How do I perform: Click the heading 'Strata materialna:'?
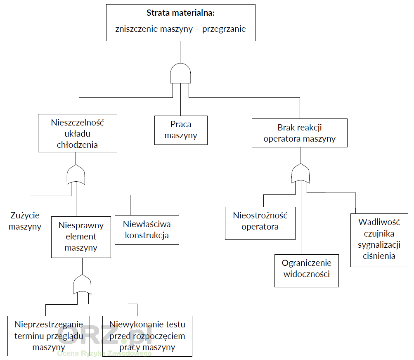tap(180, 13)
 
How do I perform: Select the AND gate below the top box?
tap(181, 75)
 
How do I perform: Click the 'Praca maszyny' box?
tap(181, 130)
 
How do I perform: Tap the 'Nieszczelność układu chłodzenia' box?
tap(77, 133)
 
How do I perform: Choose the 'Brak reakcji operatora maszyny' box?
tap(300, 133)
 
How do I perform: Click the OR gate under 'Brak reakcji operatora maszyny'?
tap(300, 173)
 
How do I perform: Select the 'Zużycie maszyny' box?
tap(25, 222)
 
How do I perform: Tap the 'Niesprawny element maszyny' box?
tap(81, 237)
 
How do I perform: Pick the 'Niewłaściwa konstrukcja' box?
tap(147, 230)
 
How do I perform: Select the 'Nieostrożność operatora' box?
tap(260, 223)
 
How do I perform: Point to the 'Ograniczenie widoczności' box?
tap(307, 271)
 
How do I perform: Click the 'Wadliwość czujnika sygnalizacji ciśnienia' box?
tap(379, 240)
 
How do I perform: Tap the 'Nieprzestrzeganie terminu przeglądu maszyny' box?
tap(49, 336)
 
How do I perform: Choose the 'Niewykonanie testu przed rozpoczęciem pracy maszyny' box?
tap(147, 336)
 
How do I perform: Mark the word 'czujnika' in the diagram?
tap(379, 234)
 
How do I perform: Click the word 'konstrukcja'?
tap(147, 236)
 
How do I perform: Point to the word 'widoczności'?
tap(307, 274)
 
